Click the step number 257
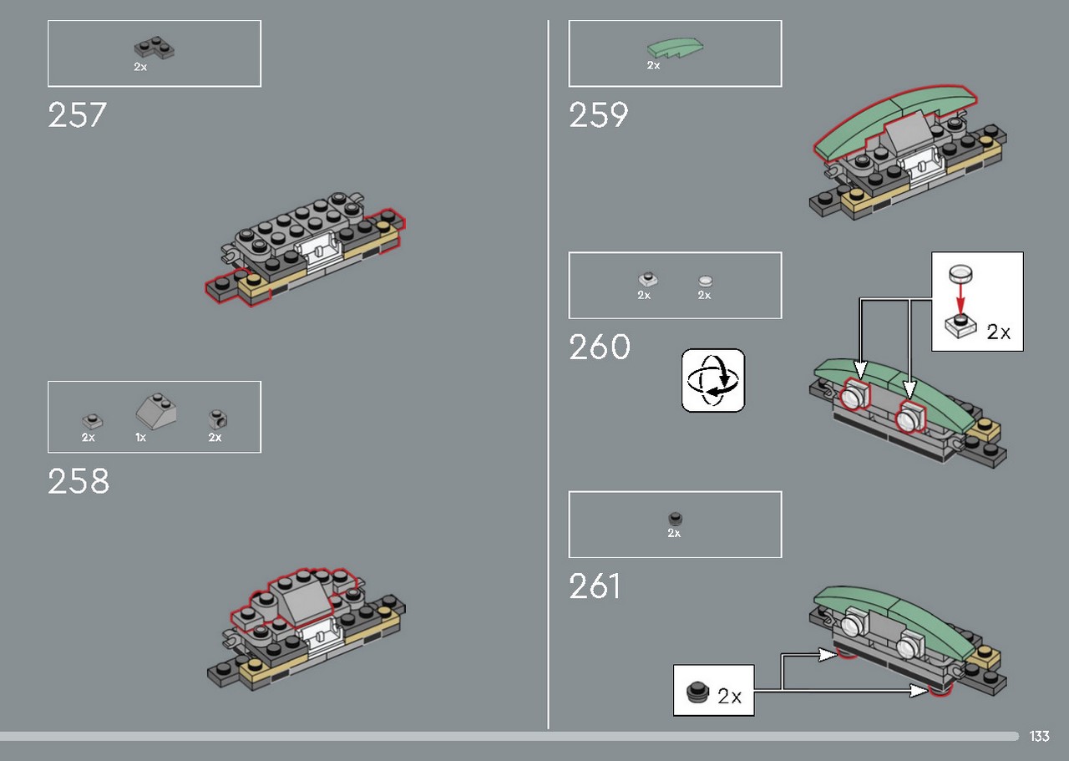(77, 115)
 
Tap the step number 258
(79, 481)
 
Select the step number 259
(599, 115)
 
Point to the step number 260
(600, 347)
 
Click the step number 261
(594, 586)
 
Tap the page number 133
(1040, 736)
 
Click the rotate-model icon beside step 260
(713, 380)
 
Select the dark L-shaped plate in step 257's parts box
(155, 48)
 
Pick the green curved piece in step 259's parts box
(675, 48)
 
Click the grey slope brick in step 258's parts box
(156, 411)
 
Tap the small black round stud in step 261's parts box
(675, 519)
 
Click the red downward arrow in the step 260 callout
(960, 297)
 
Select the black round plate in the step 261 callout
(697, 693)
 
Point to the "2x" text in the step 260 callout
(998, 332)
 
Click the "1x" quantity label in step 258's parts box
(140, 438)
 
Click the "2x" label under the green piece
(653, 65)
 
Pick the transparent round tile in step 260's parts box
(705, 281)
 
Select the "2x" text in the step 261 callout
(729, 697)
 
